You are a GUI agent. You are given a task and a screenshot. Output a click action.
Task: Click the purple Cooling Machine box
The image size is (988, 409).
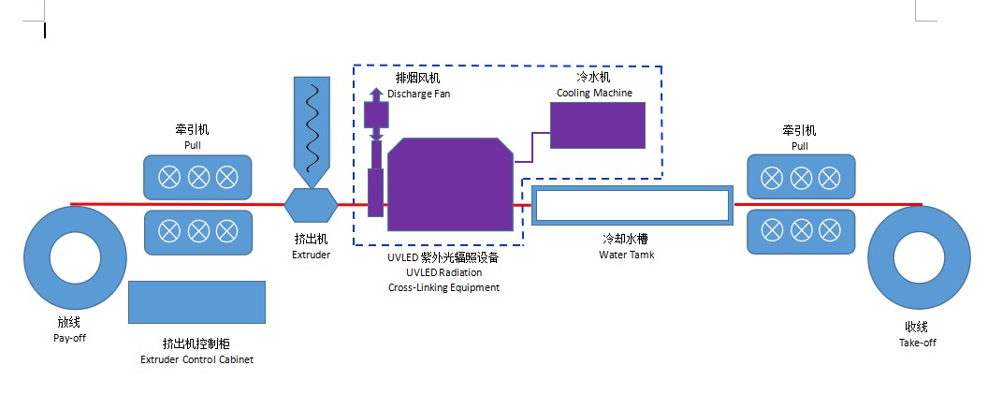(597, 124)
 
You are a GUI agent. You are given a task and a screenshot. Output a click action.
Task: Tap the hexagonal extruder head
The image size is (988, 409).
(312, 203)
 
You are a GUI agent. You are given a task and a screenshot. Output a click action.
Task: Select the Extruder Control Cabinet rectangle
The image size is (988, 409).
(196, 302)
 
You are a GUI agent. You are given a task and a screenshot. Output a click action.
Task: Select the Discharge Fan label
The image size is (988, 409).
(418, 94)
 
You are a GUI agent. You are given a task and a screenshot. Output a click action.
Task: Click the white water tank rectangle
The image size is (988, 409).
(632, 204)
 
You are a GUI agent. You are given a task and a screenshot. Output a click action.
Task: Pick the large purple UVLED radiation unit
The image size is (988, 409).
(450, 184)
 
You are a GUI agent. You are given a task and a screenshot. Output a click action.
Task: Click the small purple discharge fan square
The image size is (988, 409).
(375, 114)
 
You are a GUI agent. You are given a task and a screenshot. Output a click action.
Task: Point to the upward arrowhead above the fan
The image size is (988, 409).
(375, 93)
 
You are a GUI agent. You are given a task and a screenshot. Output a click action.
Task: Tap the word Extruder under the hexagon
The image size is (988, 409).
(312, 255)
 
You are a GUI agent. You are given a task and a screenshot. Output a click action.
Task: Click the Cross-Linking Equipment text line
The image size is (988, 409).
(443, 287)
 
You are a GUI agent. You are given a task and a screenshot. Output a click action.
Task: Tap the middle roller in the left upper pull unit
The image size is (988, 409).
(198, 177)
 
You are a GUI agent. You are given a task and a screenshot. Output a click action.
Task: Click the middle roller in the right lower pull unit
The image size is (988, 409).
(800, 230)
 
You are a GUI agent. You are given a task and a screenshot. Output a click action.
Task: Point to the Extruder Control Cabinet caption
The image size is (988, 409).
(196, 358)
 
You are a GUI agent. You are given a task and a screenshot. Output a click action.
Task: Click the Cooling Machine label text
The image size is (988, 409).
(594, 93)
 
